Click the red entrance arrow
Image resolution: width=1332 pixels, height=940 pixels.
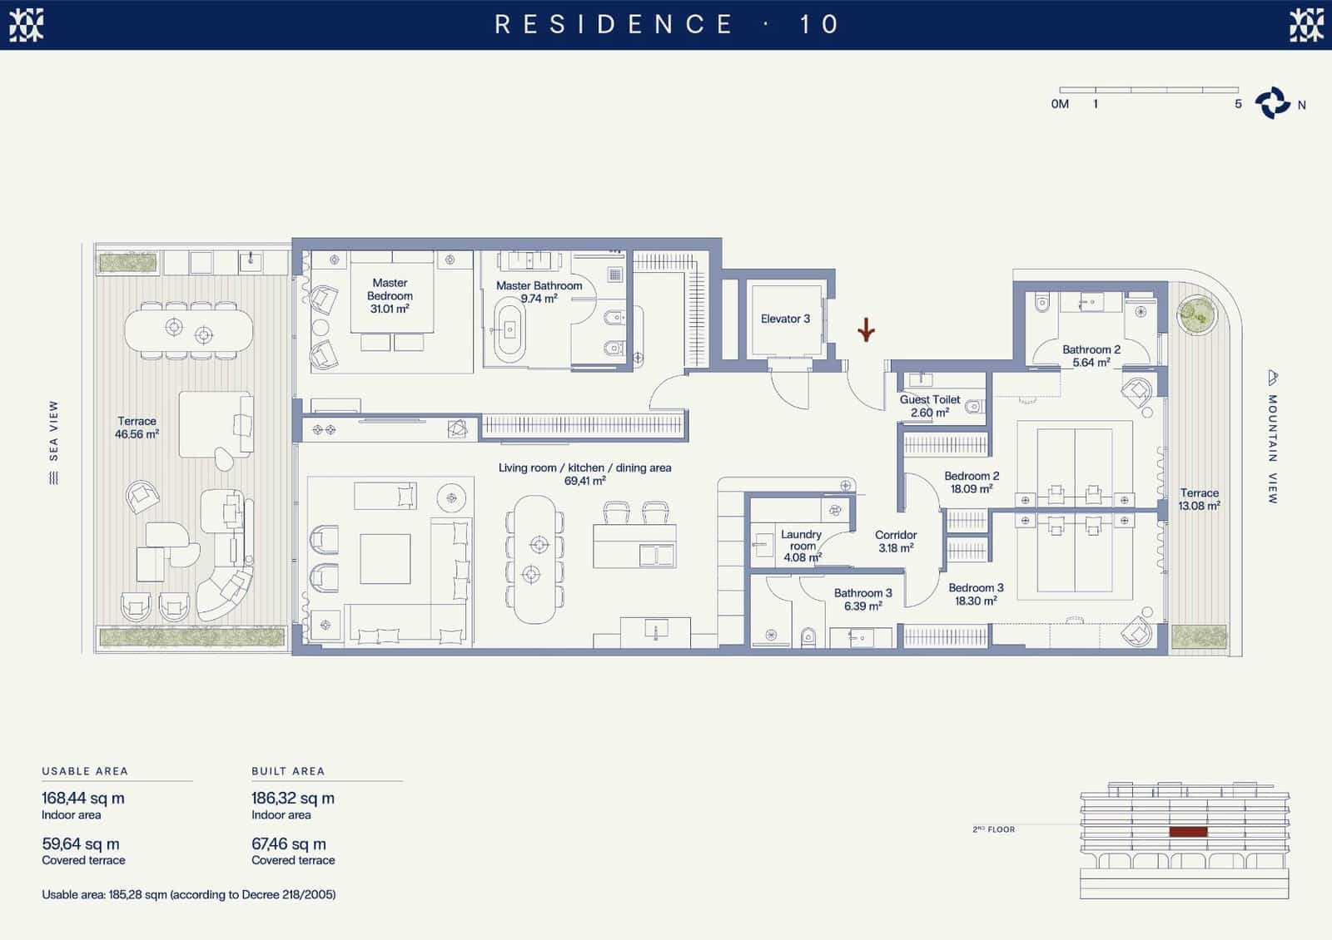[x=867, y=329]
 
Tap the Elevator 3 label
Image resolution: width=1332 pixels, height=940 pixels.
[x=785, y=319]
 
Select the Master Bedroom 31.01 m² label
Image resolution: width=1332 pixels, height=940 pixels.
[x=390, y=296]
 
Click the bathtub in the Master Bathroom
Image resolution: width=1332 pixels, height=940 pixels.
[x=509, y=329]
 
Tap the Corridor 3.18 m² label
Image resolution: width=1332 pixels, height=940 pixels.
[x=896, y=542]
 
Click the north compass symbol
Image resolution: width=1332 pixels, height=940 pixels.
[x=1273, y=103]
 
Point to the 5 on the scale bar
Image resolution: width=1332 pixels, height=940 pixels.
[x=1238, y=104]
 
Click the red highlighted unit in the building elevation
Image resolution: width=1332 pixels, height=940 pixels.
[x=1188, y=832]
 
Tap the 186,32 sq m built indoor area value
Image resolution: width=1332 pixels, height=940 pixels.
[x=292, y=798]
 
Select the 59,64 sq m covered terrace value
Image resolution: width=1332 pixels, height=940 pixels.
[x=80, y=844]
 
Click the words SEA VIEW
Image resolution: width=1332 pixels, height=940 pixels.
[x=53, y=430]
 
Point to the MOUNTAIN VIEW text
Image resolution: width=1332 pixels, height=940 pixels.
[x=1272, y=449]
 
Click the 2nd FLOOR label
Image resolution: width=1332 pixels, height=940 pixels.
[x=994, y=829]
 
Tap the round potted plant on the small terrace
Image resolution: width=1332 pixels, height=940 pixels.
[x=1197, y=315]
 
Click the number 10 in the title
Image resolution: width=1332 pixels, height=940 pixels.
[x=819, y=24]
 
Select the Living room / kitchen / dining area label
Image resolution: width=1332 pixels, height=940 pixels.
[x=584, y=468]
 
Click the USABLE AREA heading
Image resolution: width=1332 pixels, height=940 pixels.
[x=85, y=771]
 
